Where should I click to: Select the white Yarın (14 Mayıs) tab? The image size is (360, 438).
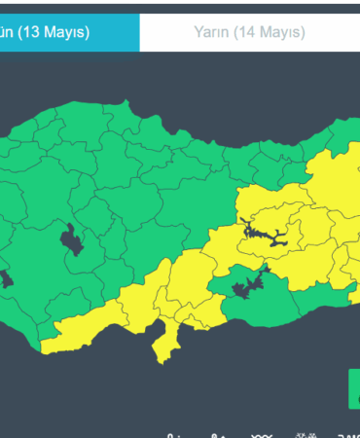point(248,32)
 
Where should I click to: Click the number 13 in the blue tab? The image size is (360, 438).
point(37,32)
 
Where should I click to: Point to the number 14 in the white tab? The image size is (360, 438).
point(243,32)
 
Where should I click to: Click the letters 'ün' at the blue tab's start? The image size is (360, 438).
point(8,32)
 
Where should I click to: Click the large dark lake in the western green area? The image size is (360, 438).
point(73,238)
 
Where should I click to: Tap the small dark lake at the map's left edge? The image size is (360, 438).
point(6,280)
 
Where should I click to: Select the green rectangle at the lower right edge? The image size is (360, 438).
point(354,389)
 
